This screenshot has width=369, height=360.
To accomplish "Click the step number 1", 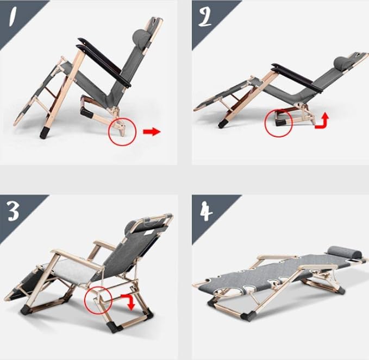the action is coord(12,16).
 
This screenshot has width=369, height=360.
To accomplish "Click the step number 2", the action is coord(205,17).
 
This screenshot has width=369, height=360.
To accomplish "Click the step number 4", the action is coord(207,212).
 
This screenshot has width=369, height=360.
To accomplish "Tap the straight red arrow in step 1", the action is coord(152,132).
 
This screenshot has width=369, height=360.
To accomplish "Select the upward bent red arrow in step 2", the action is coord(322,122).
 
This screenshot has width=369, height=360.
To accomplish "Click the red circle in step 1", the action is coord(122,131).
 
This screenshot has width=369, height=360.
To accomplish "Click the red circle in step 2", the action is coord(278,123).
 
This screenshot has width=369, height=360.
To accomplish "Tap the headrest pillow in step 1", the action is coord(141,37).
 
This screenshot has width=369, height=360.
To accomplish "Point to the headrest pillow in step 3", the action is coord(131,227).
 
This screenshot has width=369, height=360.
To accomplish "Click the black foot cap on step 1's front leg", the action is coord(45,133).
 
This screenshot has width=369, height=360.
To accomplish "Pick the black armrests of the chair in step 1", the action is coord(104,62).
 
